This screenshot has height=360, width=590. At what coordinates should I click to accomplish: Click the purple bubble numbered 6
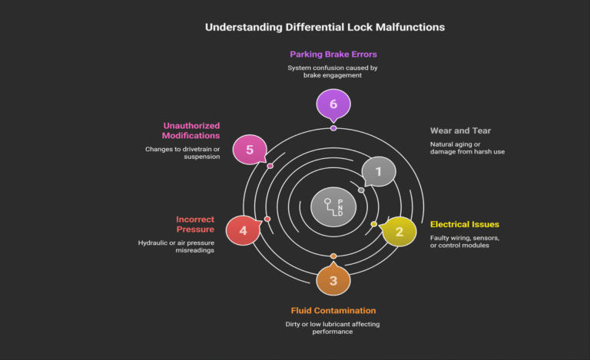click(333, 104)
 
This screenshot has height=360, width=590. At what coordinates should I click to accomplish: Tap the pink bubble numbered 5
click(249, 149)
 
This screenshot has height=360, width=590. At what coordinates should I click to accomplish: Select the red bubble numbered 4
click(242, 230)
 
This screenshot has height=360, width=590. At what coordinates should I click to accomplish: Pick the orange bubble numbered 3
click(333, 280)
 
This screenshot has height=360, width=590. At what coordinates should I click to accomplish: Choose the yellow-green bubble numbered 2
click(399, 230)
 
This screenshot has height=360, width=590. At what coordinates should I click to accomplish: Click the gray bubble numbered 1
click(378, 172)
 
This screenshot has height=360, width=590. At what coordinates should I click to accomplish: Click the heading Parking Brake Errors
click(333, 54)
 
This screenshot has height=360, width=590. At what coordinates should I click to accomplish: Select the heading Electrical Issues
click(465, 225)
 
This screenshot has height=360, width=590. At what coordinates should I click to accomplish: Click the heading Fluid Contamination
click(333, 311)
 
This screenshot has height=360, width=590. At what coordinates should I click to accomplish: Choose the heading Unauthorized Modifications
click(191, 130)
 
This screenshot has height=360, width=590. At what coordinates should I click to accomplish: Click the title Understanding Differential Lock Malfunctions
click(324, 27)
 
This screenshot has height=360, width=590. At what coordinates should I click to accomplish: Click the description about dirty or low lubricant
click(333, 329)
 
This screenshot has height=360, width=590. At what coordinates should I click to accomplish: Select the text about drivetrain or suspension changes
click(183, 153)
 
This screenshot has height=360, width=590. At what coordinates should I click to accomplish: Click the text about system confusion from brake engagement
click(333, 72)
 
